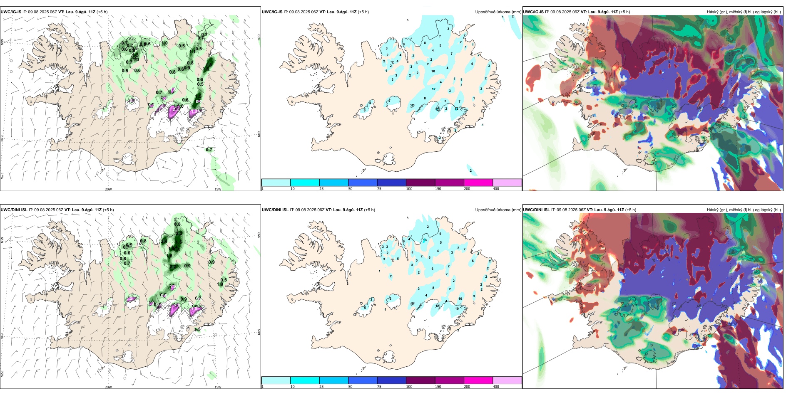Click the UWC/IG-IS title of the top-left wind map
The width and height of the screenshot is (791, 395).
(x=11, y=12)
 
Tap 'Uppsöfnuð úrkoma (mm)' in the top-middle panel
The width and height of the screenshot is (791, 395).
(x=498, y=12)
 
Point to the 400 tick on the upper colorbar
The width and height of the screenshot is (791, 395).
(x=496, y=189)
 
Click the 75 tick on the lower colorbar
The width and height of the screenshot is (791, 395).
(x=379, y=387)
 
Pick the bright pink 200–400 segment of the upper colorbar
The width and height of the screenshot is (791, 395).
(x=478, y=183)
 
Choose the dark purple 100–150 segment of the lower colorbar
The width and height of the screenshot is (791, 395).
(x=420, y=380)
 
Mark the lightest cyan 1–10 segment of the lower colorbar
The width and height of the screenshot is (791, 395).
(x=276, y=380)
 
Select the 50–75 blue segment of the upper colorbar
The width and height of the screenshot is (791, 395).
(x=363, y=183)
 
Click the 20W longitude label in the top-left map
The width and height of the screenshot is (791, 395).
(x=108, y=189)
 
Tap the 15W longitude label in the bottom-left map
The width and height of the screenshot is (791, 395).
(x=218, y=387)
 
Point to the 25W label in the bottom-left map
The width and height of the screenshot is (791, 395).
(x=2, y=374)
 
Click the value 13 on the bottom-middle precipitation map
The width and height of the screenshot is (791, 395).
(x=425, y=240)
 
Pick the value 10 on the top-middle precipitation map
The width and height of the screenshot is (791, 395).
(x=433, y=71)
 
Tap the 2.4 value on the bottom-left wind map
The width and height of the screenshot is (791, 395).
(x=164, y=241)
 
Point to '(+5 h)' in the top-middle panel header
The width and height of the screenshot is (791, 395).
(x=363, y=12)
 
